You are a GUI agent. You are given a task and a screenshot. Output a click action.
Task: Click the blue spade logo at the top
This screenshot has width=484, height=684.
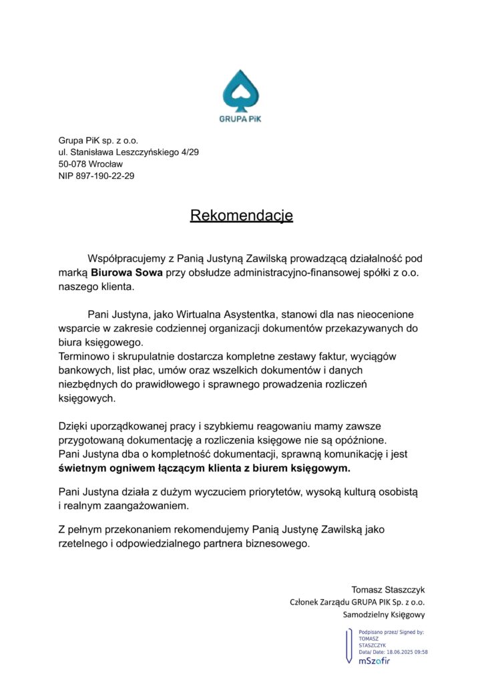(242, 90)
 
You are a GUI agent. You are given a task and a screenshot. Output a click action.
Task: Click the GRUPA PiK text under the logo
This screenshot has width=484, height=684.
(242, 120)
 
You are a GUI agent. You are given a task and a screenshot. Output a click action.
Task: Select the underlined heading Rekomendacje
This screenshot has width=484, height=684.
(242, 216)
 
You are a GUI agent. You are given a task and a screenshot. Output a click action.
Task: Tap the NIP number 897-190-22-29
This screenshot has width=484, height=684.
(106, 176)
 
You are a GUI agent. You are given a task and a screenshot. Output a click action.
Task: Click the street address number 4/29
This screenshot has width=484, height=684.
(188, 152)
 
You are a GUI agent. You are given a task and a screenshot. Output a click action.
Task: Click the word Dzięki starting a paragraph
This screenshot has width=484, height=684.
(73, 425)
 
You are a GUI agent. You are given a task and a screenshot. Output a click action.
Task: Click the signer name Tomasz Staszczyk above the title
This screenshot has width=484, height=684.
(388, 589)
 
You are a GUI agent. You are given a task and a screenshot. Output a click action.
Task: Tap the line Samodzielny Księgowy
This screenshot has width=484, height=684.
(384, 615)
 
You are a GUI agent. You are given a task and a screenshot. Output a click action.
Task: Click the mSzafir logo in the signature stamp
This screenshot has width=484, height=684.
(373, 661)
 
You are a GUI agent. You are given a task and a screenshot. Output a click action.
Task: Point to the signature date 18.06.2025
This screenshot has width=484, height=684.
(394, 652)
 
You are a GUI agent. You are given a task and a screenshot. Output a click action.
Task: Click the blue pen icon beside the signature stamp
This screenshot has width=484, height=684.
(348, 646)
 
